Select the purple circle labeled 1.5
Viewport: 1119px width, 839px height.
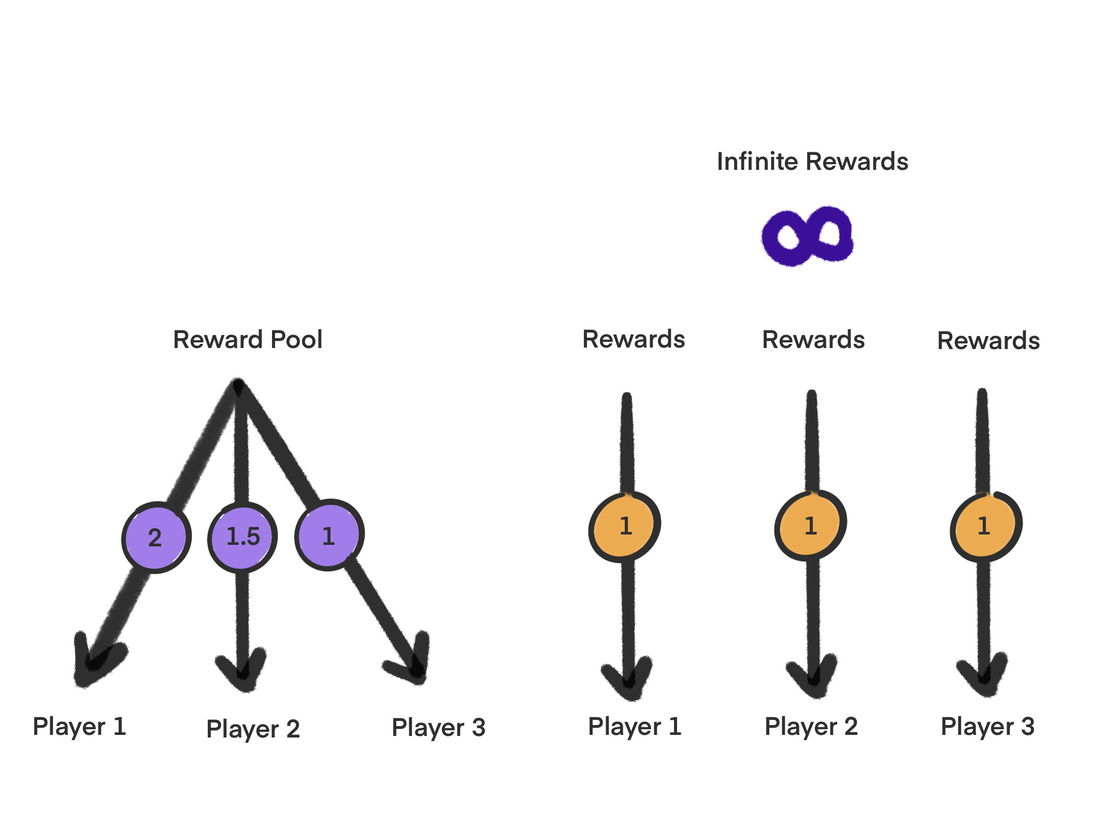click(x=242, y=537)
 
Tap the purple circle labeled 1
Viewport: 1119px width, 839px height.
click(x=329, y=535)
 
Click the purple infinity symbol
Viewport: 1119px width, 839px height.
click(x=807, y=236)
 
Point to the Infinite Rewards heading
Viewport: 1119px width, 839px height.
click(x=812, y=162)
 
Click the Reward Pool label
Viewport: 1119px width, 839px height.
click(x=248, y=340)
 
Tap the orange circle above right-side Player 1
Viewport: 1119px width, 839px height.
click(x=625, y=526)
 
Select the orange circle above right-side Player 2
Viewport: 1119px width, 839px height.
click(x=811, y=525)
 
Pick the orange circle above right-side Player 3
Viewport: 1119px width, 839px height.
click(x=986, y=526)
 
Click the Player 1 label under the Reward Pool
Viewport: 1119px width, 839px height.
click(x=79, y=727)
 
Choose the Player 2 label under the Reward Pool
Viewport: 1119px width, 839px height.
click(x=253, y=729)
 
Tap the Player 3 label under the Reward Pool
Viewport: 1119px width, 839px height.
click(x=438, y=728)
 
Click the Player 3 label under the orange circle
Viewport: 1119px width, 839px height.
click(x=987, y=727)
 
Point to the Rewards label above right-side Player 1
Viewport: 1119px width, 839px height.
click(x=634, y=339)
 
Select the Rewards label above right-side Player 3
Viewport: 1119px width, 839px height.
click(x=988, y=341)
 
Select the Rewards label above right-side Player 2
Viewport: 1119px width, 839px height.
click(x=813, y=340)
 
